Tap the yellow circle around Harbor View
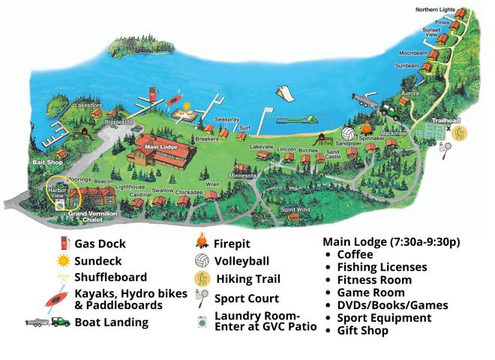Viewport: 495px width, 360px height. [64, 193]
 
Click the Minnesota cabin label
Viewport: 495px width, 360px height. [243, 175]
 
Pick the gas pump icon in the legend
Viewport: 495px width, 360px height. [64, 243]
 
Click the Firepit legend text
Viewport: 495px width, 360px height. [232, 244]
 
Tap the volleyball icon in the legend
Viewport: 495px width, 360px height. [201, 262]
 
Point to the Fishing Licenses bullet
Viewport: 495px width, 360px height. [382, 267]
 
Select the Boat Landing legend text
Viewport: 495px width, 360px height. [111, 322]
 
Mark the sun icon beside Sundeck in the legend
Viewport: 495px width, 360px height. [64, 260]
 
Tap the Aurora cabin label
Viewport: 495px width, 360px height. [410, 93]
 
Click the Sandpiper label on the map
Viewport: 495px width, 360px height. [349, 142]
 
